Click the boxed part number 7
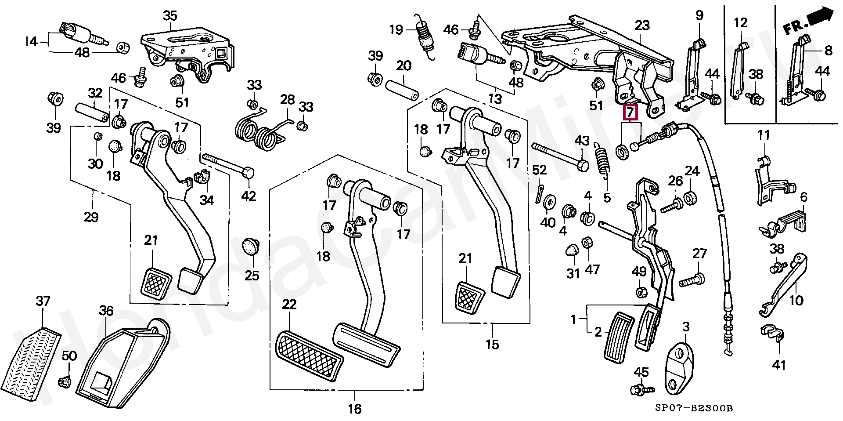point(630,113)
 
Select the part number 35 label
point(170,16)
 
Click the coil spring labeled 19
point(424,37)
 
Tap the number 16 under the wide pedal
point(355,409)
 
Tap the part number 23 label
point(642,25)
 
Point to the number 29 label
point(91,217)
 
